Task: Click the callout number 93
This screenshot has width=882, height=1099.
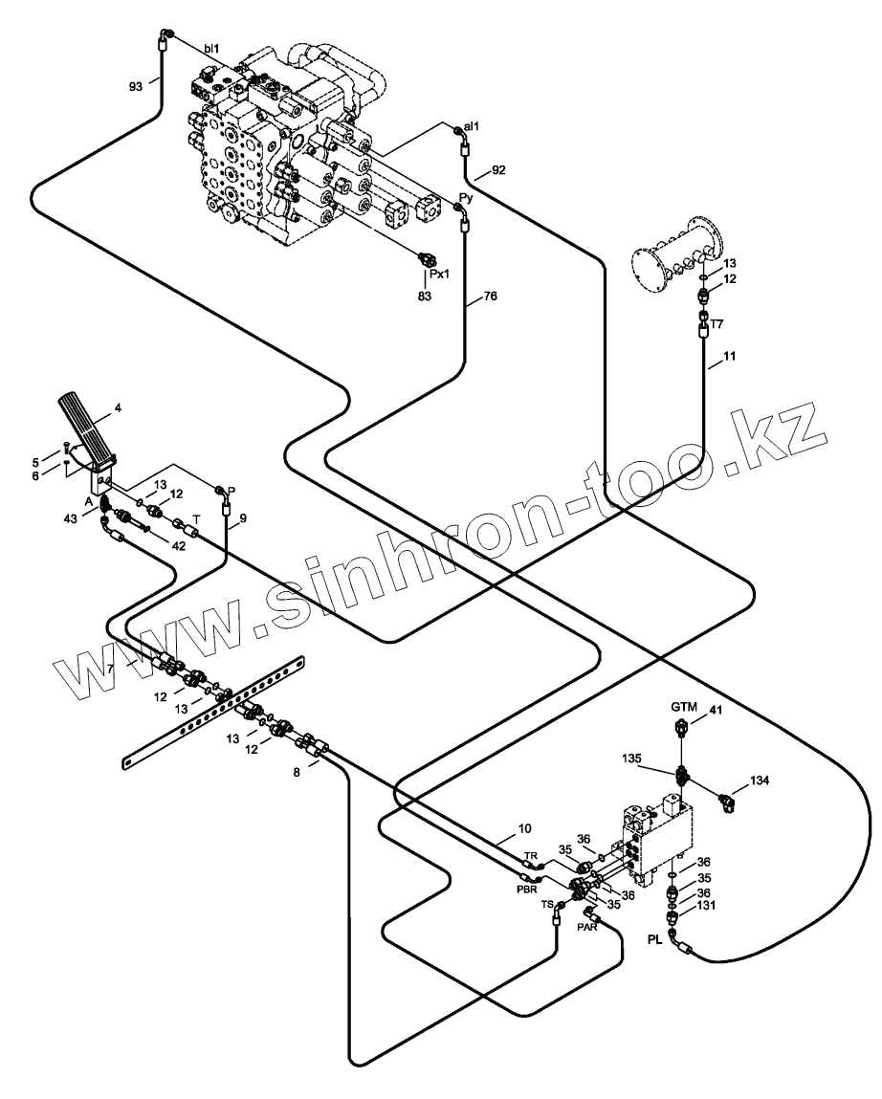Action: pyautogui.click(x=135, y=86)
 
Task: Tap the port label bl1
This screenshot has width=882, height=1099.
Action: pyautogui.click(x=212, y=48)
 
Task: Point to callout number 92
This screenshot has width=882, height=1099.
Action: pyautogui.click(x=498, y=170)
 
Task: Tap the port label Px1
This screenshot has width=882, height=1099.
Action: pyautogui.click(x=440, y=275)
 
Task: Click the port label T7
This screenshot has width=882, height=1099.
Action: pyautogui.click(x=717, y=324)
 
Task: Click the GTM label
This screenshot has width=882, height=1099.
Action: pyautogui.click(x=683, y=706)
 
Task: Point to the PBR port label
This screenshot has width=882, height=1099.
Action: pyautogui.click(x=527, y=889)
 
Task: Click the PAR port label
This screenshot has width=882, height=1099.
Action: pyautogui.click(x=587, y=927)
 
